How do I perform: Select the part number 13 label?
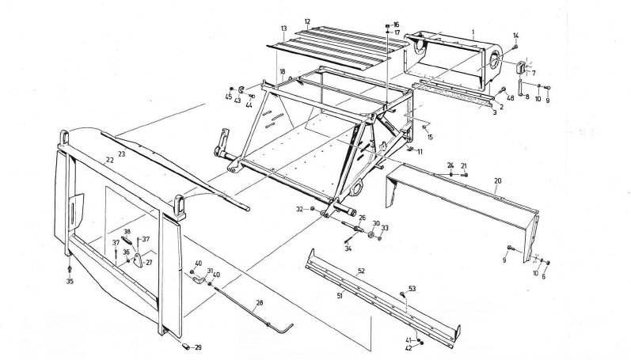coord(282,28)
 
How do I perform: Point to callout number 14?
coord(515,35)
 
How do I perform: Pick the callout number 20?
coord(497,180)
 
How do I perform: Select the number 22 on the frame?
coord(109,159)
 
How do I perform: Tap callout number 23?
coord(121,153)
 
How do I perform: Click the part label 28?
coord(258,302)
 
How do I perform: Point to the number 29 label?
coord(198,348)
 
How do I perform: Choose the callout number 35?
coord(70,281)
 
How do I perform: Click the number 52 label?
coord(360,271)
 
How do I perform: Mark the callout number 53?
coord(412,289)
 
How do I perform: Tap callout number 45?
coord(229,97)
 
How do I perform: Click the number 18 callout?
coord(281,71)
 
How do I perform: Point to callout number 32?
coord(299,209)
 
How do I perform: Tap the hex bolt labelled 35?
coord(70,270)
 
